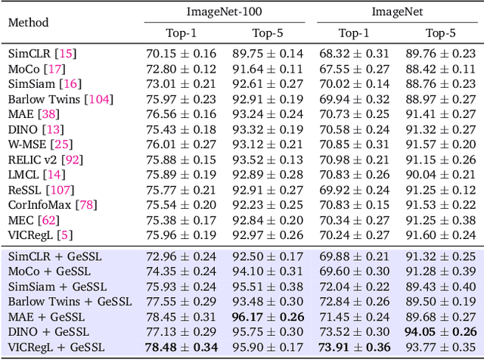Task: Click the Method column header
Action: coord(28,22)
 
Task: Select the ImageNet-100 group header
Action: coord(224,11)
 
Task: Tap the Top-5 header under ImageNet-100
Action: coord(267,33)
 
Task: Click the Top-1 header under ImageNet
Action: coord(354,33)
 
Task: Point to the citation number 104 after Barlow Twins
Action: coord(98,99)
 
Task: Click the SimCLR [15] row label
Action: coord(42,54)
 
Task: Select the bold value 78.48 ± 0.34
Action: coord(181,347)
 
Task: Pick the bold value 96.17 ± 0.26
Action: coord(267,317)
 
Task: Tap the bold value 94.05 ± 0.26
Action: coord(441,332)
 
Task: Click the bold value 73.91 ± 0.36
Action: coord(354,347)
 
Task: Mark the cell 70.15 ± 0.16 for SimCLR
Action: coord(181,54)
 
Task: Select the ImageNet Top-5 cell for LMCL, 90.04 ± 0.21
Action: coord(441,175)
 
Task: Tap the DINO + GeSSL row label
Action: coord(48,332)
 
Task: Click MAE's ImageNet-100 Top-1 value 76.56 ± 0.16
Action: coord(181,114)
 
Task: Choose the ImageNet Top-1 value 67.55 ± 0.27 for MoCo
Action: coord(354,69)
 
